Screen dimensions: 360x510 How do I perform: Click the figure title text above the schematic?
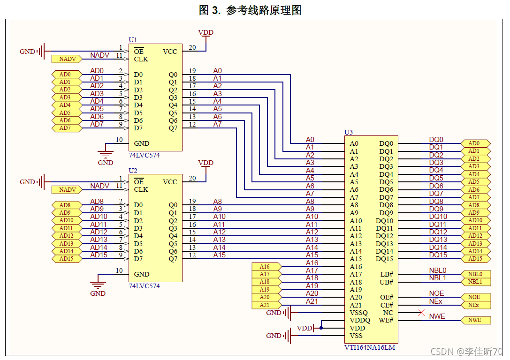click(x=250, y=10)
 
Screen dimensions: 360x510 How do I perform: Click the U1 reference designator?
click(x=133, y=40)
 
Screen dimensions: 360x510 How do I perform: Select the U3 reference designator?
click(x=348, y=132)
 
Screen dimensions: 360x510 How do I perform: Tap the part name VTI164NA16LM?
click(x=369, y=347)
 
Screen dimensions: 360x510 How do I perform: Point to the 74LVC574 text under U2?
click(x=144, y=285)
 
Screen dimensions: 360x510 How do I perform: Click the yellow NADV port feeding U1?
click(x=68, y=59)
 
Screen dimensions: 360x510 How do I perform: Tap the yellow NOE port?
click(x=474, y=297)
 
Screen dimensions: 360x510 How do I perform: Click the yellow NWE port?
click(x=474, y=321)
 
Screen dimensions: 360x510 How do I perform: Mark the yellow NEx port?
click(x=474, y=305)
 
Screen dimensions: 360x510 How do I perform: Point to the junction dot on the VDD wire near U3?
click(x=321, y=328)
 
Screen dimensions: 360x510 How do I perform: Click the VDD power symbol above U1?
click(x=206, y=33)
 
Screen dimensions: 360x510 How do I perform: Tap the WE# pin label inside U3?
click(x=387, y=321)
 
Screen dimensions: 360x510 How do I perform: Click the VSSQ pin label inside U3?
click(x=359, y=313)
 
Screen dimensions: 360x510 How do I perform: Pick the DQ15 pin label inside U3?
click(x=384, y=259)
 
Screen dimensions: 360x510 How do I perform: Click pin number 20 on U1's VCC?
click(x=192, y=47)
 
